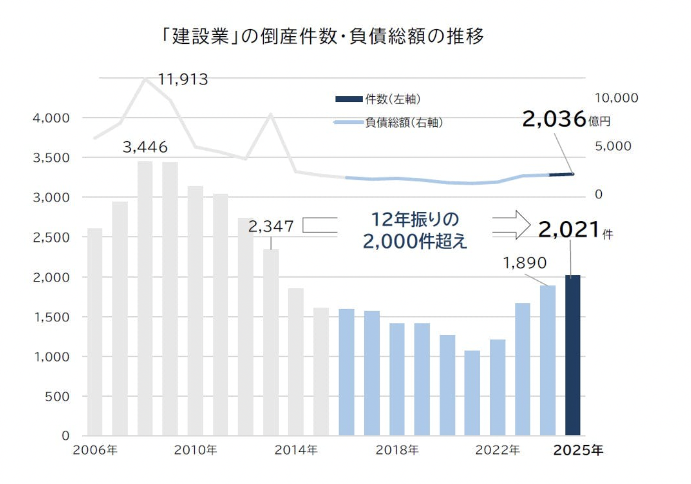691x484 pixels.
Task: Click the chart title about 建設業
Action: [x=323, y=36]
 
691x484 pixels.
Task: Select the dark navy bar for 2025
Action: [x=572, y=355]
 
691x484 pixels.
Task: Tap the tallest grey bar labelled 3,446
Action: [x=145, y=297]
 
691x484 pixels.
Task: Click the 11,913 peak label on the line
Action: [x=183, y=80]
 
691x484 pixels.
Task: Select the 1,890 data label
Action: [x=525, y=263]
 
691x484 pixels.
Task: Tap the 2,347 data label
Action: [x=271, y=226]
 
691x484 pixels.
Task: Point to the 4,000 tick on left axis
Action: [x=51, y=118]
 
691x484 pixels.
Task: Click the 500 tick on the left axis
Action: [x=57, y=396]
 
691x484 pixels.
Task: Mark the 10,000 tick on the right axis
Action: [x=616, y=98]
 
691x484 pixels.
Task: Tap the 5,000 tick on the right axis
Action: [x=613, y=146]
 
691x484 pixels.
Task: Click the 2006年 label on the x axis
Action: [x=95, y=450]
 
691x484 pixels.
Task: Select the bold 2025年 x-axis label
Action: [x=578, y=450]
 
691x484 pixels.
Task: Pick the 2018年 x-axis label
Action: [x=397, y=450]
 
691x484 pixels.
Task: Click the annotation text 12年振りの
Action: [x=415, y=219]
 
